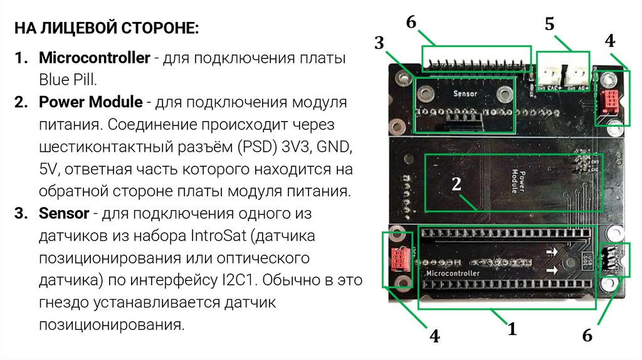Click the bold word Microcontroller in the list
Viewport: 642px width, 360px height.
(x=94, y=58)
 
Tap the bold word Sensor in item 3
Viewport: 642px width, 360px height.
(x=63, y=213)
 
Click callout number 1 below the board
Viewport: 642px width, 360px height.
(x=512, y=329)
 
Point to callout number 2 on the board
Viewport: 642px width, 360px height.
(x=456, y=184)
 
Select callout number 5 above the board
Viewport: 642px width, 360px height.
(x=549, y=24)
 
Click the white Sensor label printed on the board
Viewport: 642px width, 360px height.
(x=465, y=93)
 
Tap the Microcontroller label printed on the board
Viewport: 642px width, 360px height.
(x=453, y=274)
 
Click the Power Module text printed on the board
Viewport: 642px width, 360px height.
(x=517, y=181)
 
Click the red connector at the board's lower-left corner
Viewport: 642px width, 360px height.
(x=398, y=257)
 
